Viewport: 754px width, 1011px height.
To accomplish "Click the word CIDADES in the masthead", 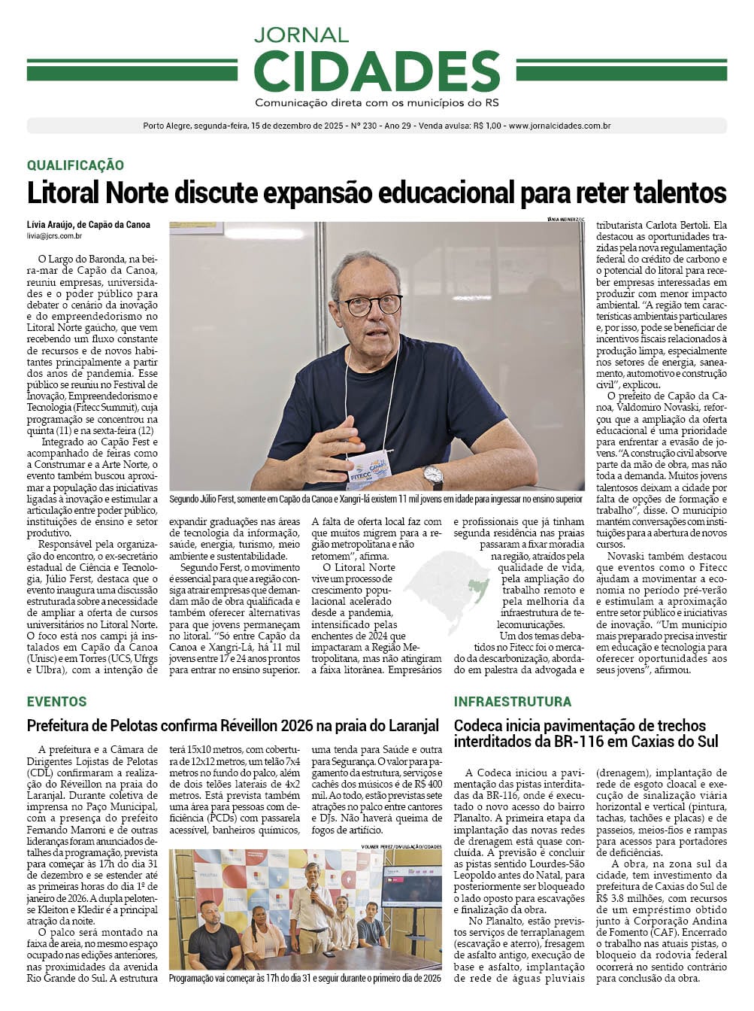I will point(377,71).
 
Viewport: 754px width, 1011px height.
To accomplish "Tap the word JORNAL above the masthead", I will point(301,35).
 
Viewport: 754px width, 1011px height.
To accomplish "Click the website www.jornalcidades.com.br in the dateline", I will point(559,126).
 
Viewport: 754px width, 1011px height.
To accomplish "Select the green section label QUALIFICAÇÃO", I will point(75,165).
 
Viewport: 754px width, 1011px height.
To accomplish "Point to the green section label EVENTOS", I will point(56,701).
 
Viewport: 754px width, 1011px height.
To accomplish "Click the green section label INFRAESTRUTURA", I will point(512,701).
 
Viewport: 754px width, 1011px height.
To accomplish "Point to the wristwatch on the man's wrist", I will point(432,476).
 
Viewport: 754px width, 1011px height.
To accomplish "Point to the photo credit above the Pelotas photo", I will point(401,846).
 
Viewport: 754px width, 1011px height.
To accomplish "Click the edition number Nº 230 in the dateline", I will point(365,126).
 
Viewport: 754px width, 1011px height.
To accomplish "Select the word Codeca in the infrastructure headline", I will point(477,726).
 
